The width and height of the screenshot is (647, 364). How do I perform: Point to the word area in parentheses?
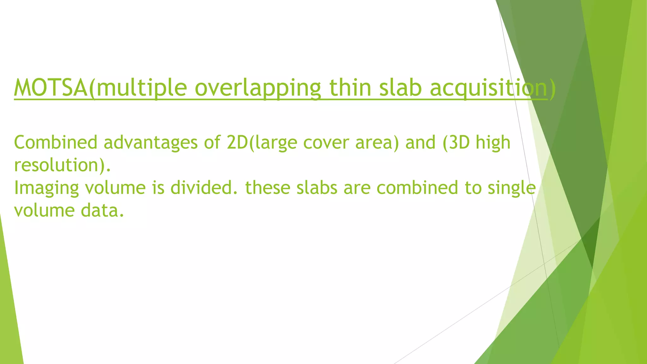pyautogui.click(x=375, y=143)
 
